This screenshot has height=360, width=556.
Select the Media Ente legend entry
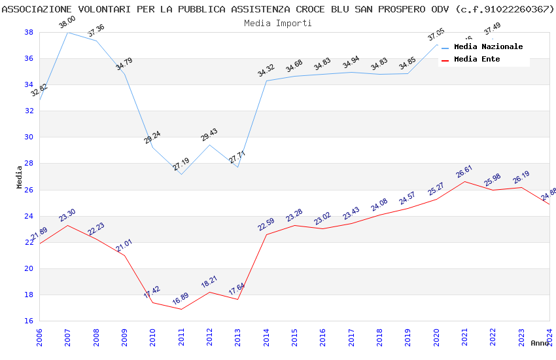click(x=477, y=60)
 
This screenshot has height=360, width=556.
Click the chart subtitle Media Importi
click(x=278, y=23)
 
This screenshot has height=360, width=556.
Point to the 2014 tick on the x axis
click(x=266, y=338)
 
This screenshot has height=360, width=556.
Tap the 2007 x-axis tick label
click(x=68, y=338)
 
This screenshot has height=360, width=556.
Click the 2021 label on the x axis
click(x=464, y=338)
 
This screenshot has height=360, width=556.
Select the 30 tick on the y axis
click(x=29, y=137)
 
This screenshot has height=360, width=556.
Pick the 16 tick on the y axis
click(x=29, y=321)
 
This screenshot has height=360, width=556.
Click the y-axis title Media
click(x=20, y=177)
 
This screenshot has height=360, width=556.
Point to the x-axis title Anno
click(x=540, y=343)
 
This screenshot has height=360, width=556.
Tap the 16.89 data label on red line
click(x=181, y=300)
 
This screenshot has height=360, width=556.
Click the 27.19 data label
click(x=181, y=164)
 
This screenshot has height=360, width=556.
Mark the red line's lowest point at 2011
click(x=181, y=309)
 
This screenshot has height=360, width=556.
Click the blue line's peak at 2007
click(x=68, y=32)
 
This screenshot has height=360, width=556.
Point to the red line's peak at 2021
click(x=464, y=181)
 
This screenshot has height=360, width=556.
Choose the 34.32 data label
click(x=266, y=71)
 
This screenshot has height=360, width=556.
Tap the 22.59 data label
click(x=266, y=225)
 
